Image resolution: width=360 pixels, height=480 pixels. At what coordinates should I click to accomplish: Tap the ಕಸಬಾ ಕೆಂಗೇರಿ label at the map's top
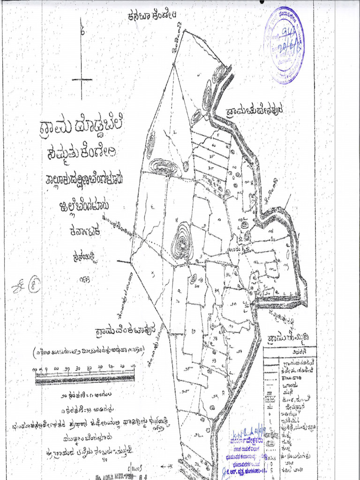[x=153, y=17]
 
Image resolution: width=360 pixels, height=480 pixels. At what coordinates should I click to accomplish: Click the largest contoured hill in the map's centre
[x=182, y=242]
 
